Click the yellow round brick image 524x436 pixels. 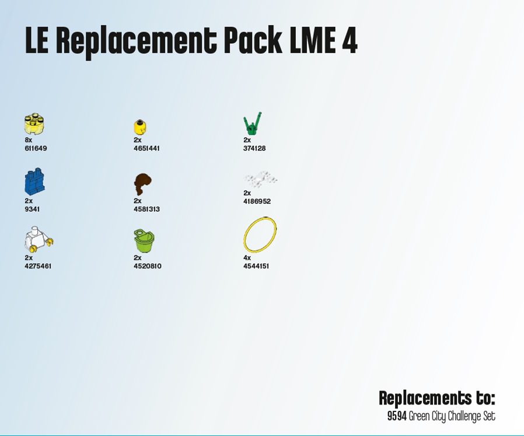(34, 124)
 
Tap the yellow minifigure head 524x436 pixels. (140, 127)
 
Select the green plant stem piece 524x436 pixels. (251, 124)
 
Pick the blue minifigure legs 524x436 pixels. (35, 183)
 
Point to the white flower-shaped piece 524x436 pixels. (260, 179)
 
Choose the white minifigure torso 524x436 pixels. (38, 239)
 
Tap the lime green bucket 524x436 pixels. (144, 240)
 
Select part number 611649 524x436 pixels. (36, 148)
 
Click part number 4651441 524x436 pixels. (146, 148)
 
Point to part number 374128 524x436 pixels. (254, 148)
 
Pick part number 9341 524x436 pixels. (32, 209)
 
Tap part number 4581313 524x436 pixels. (146, 209)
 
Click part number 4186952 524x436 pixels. (257, 201)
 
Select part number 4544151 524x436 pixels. (256, 266)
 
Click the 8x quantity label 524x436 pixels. (28, 140)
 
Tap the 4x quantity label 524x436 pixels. (247, 258)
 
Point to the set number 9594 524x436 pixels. (396, 417)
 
